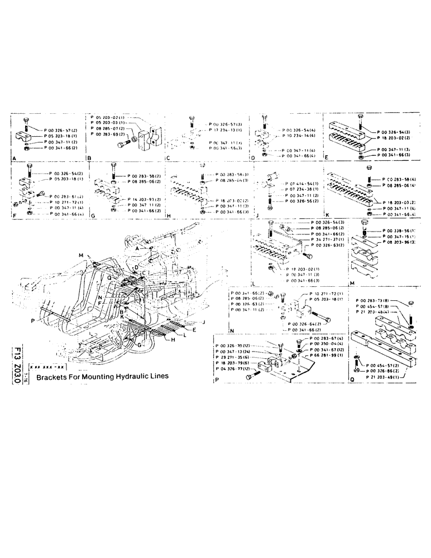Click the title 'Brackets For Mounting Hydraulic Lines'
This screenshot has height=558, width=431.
click(102, 377)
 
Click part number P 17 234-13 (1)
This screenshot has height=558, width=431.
click(226, 129)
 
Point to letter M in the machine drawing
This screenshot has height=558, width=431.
click(81, 256)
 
